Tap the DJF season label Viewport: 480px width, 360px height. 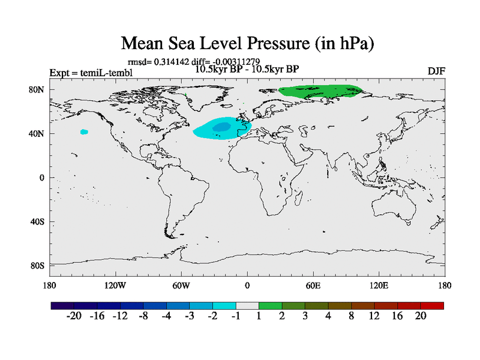point(436,71)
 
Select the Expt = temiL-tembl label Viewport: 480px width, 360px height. point(91,73)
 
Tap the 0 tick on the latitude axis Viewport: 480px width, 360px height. point(43,178)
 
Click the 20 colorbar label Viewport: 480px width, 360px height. point(420,316)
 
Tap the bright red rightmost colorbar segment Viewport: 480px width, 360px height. point(432,305)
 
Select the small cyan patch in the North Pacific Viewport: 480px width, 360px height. point(84,132)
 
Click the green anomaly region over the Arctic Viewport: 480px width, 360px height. point(321,92)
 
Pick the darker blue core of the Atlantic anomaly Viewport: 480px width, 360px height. point(222,127)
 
